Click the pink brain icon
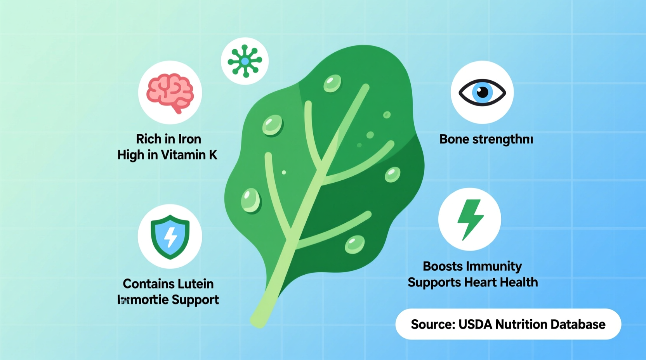(170, 93)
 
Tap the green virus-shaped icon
(245, 61)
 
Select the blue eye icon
(482, 93)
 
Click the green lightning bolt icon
(470, 219)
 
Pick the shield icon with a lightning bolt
(170, 236)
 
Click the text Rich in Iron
(168, 139)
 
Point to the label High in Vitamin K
(167, 155)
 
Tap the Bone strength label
(486, 139)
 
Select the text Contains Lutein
(168, 284)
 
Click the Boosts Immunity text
(472, 266)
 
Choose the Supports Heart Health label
(472, 282)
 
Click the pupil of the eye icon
(483, 92)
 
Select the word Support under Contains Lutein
(195, 300)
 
